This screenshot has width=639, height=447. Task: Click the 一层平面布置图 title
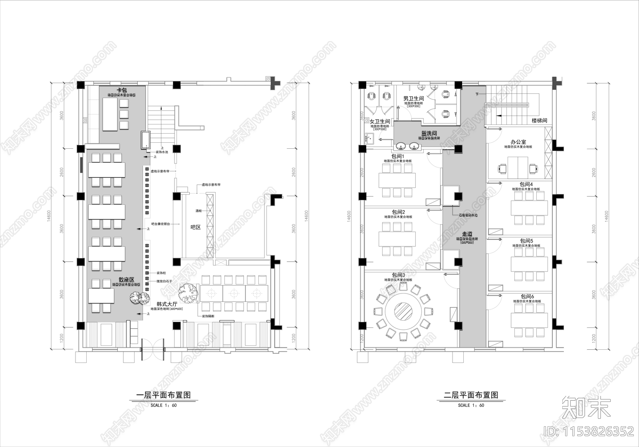tap(163, 395)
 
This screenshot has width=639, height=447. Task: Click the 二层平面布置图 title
tap(471, 395)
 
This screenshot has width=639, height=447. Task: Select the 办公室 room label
tap(518, 142)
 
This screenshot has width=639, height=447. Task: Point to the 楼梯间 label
tap(539, 120)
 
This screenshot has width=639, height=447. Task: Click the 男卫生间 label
tap(413, 98)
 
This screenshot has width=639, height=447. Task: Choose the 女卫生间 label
tap(379, 121)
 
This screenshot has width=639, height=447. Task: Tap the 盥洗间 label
tap(429, 133)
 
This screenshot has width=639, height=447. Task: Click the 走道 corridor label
tap(467, 234)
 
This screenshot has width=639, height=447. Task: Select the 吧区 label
tap(195, 227)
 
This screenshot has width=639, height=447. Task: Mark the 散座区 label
tap(126, 280)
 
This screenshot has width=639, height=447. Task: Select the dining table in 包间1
tap(397, 180)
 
